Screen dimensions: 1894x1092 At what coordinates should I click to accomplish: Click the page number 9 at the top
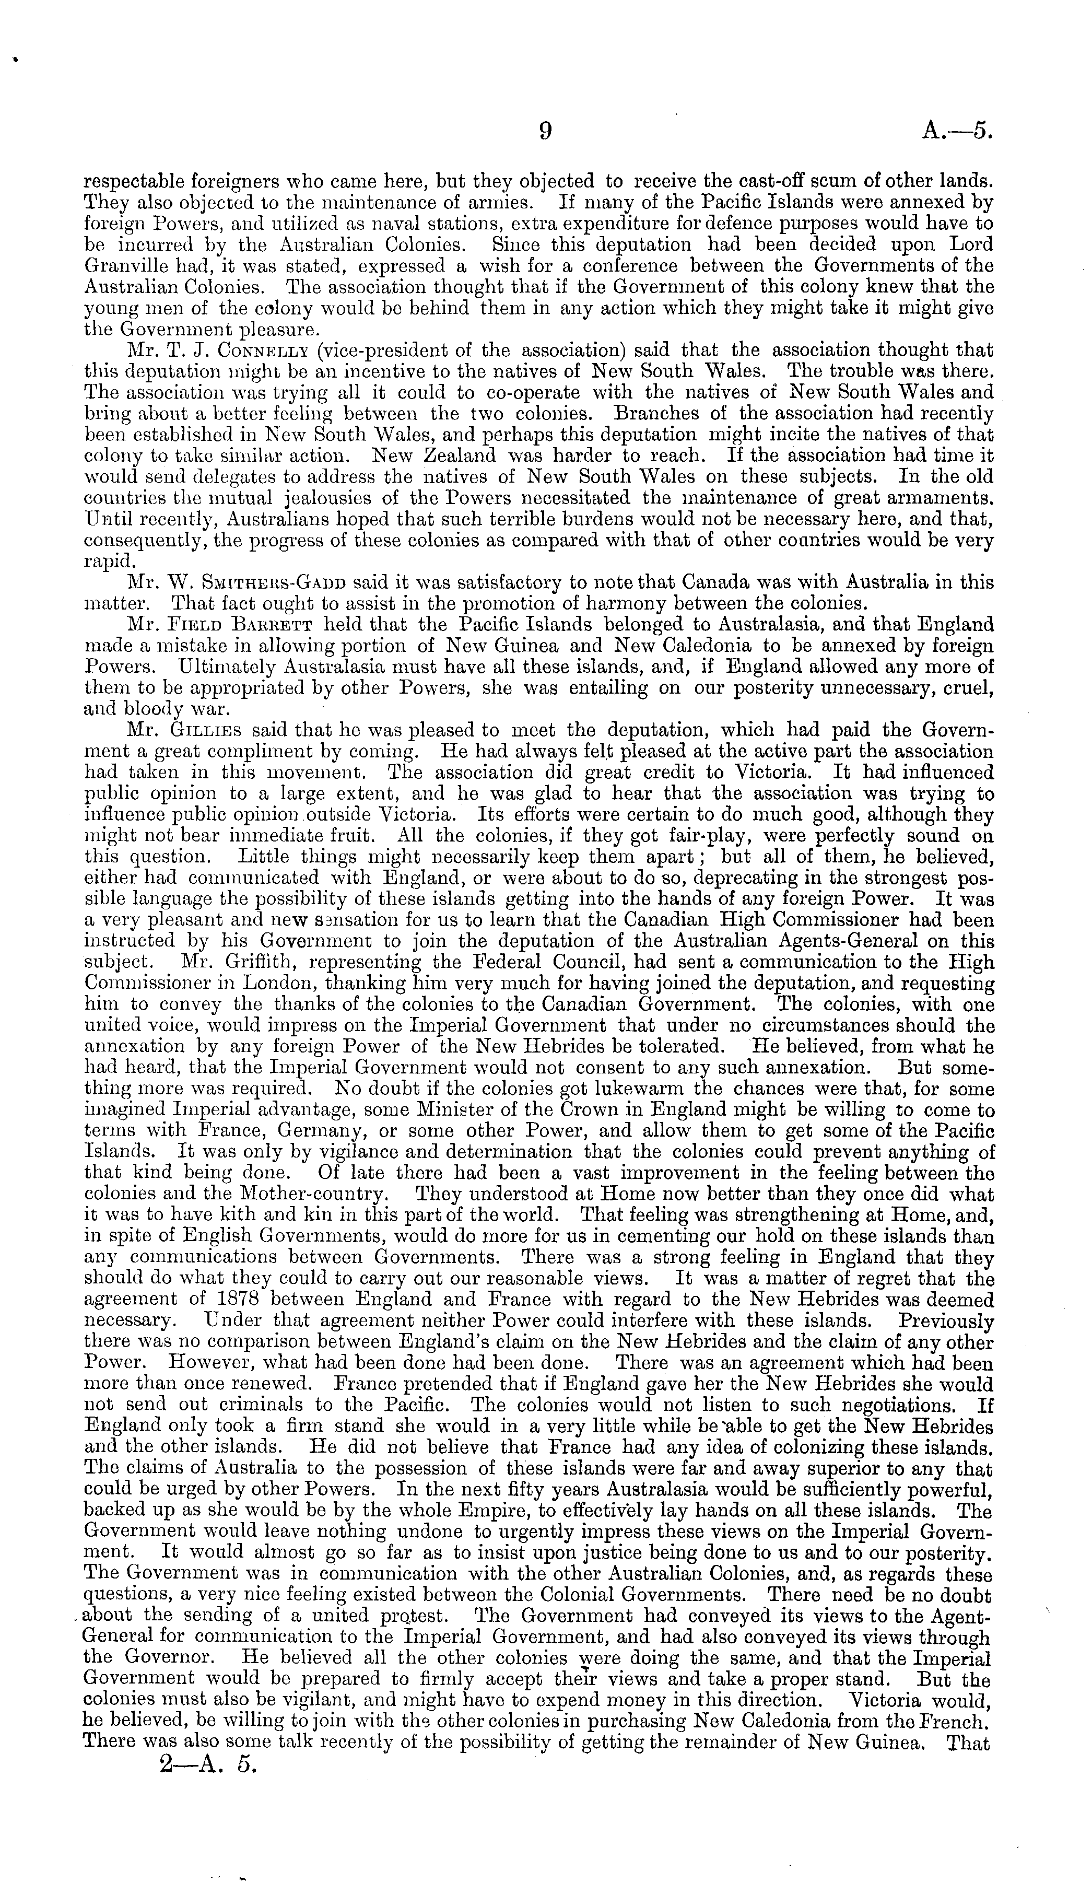[x=545, y=132]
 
